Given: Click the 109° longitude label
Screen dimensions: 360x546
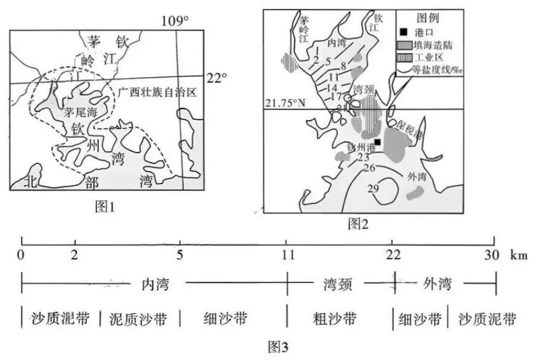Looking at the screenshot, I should (175, 21).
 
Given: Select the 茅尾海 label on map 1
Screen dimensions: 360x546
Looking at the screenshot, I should (79, 113).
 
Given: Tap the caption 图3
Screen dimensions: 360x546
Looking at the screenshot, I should (278, 347).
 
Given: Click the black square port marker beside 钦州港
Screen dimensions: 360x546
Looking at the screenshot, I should (378, 141).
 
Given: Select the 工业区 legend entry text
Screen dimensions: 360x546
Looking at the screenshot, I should (428, 58).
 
